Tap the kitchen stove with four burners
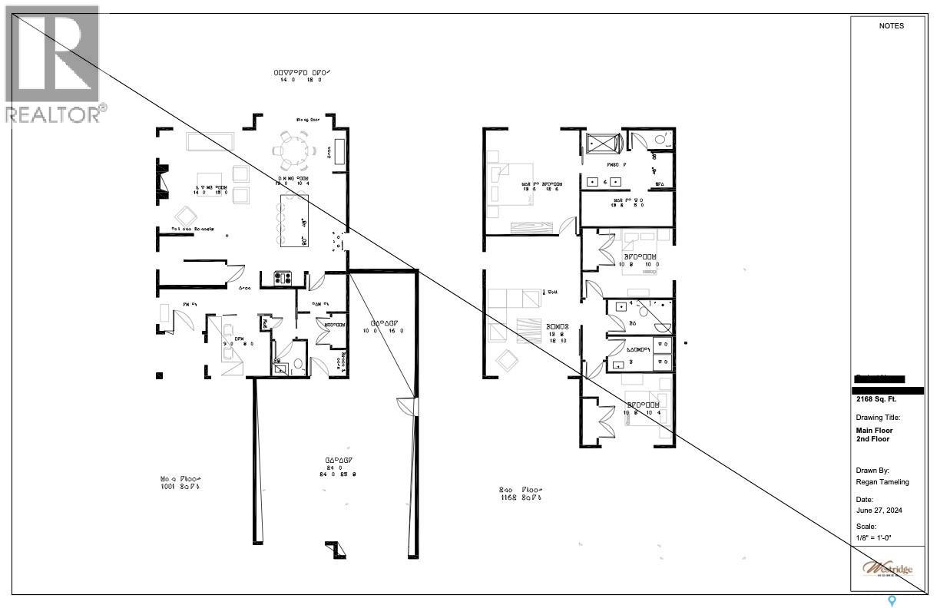[282, 279]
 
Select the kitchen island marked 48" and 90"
[293, 220]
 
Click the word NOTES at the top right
[891, 26]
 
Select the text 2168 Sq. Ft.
[876, 399]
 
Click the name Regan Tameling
[882, 482]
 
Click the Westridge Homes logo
[888, 569]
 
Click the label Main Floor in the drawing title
[874, 431]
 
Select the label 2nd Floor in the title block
[872, 440]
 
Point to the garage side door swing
[405, 406]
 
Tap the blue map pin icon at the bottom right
[892, 601]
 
